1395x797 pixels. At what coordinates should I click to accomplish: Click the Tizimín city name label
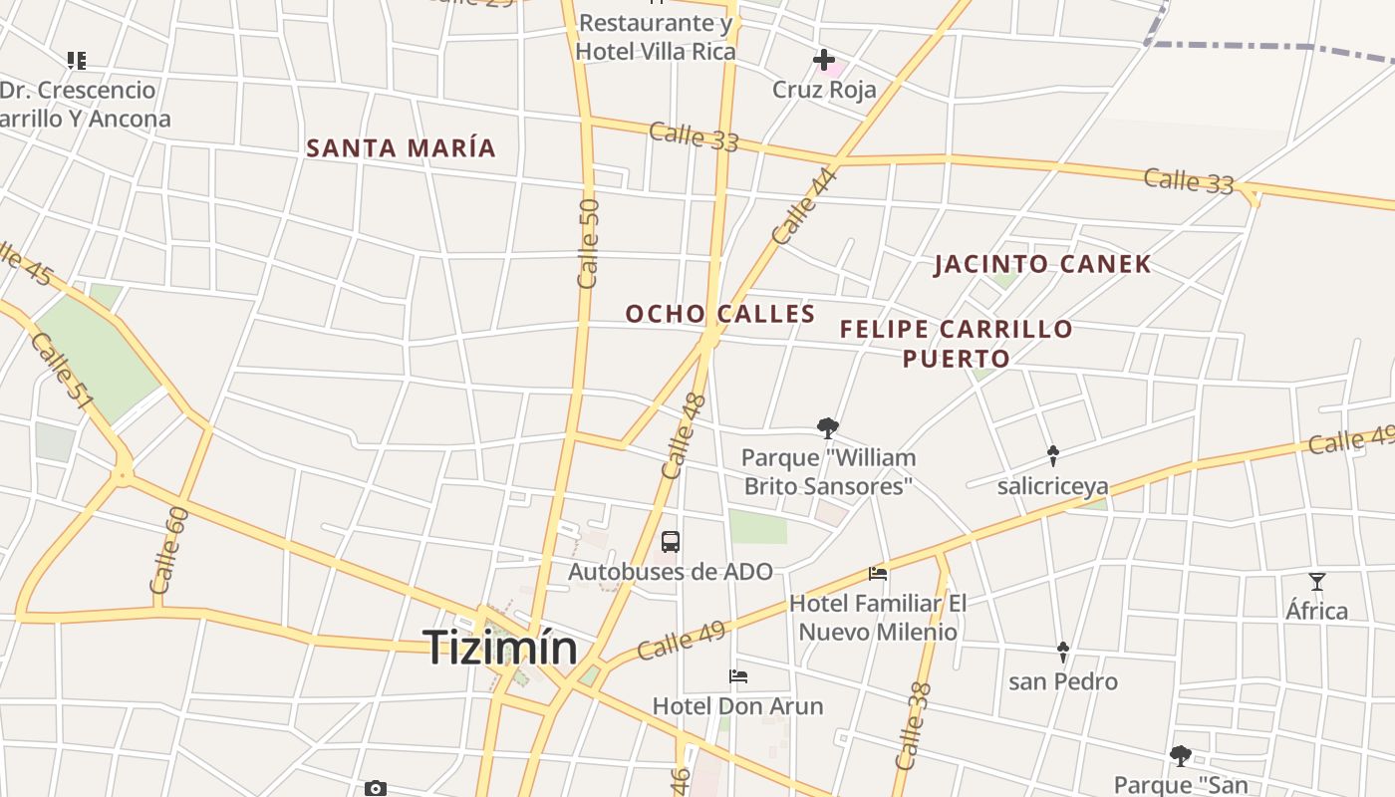(x=500, y=648)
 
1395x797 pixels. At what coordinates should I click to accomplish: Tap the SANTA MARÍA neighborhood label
(x=401, y=148)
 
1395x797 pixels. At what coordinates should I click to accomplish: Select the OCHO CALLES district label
(x=720, y=314)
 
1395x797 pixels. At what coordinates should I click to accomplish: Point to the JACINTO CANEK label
(x=1042, y=264)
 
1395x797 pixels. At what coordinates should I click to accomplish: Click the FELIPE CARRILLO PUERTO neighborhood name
(x=957, y=343)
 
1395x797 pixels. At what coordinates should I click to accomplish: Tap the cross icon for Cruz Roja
(x=824, y=61)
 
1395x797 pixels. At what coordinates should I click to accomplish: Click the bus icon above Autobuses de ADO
(x=671, y=542)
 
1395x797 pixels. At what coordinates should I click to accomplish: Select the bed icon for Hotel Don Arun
(x=738, y=676)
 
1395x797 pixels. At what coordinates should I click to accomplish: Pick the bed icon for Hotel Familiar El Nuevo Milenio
(x=878, y=574)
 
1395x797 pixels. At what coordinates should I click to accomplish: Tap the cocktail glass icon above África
(x=1317, y=582)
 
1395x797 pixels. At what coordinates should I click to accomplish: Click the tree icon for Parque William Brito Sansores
(x=827, y=428)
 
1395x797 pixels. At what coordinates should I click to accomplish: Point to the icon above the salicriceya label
(x=1052, y=456)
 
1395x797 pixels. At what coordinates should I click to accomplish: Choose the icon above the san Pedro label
(x=1062, y=653)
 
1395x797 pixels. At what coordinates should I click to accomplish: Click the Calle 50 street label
(x=589, y=242)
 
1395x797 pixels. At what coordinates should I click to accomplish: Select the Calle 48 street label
(x=685, y=435)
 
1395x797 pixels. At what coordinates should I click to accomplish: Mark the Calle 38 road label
(x=914, y=725)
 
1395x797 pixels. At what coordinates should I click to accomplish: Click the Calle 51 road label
(x=62, y=371)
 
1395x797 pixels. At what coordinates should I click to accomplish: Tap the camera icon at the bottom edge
(x=376, y=789)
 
